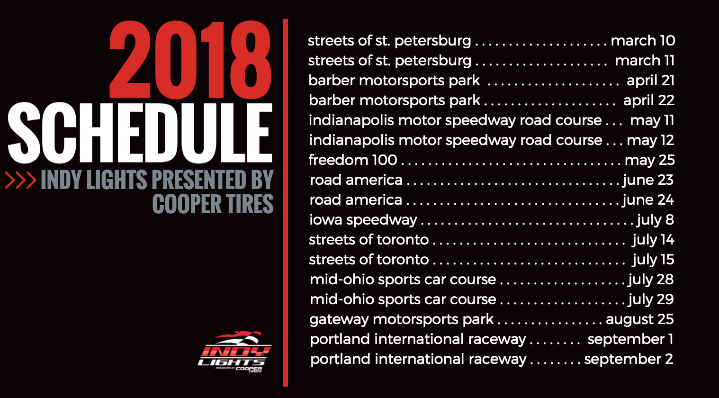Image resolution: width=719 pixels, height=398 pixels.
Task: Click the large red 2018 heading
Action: (x=190, y=60)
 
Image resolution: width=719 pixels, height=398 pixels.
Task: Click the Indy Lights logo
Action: (x=234, y=352)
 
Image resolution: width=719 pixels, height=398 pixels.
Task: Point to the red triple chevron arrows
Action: (x=20, y=180)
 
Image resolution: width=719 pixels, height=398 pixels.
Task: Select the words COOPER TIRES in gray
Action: (x=213, y=204)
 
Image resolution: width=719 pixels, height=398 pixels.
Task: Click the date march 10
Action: (x=643, y=41)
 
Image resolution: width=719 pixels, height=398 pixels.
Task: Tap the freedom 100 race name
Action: (x=353, y=160)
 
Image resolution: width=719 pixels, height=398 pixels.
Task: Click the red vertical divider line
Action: (x=285, y=203)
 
